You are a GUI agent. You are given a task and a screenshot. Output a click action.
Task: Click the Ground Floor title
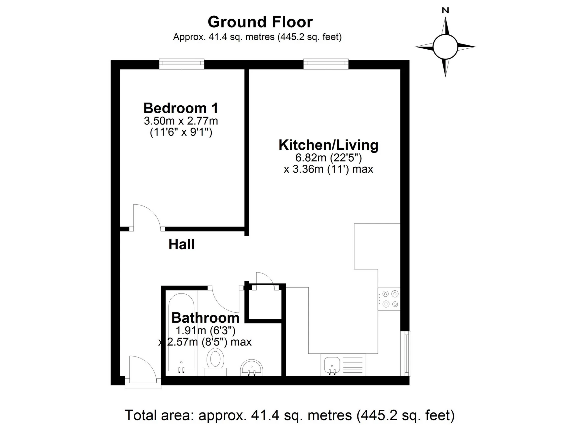coord(260,22)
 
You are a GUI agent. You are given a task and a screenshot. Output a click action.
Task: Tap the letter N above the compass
coord(445,10)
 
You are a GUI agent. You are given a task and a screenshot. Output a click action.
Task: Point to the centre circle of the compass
coord(445,47)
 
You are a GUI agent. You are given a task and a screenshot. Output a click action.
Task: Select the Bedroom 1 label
coord(181,108)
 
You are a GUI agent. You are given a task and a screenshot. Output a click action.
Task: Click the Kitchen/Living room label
coord(328,145)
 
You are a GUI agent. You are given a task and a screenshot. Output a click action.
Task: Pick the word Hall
coord(182,244)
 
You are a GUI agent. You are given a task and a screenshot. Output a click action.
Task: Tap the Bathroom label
coord(205,318)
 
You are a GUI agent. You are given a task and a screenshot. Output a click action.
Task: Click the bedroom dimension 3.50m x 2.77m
coord(181,121)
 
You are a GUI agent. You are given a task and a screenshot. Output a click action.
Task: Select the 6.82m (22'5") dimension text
coord(328,158)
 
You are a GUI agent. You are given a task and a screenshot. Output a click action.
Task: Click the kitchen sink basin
coord(332,365)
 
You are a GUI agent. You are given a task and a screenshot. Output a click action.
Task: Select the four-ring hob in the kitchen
coord(389,299)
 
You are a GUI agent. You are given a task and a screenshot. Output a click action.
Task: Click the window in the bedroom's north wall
coord(182,63)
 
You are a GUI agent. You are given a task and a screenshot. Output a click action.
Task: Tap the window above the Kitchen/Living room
coord(326,63)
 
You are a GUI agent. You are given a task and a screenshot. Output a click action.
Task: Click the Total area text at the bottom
coord(290,415)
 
